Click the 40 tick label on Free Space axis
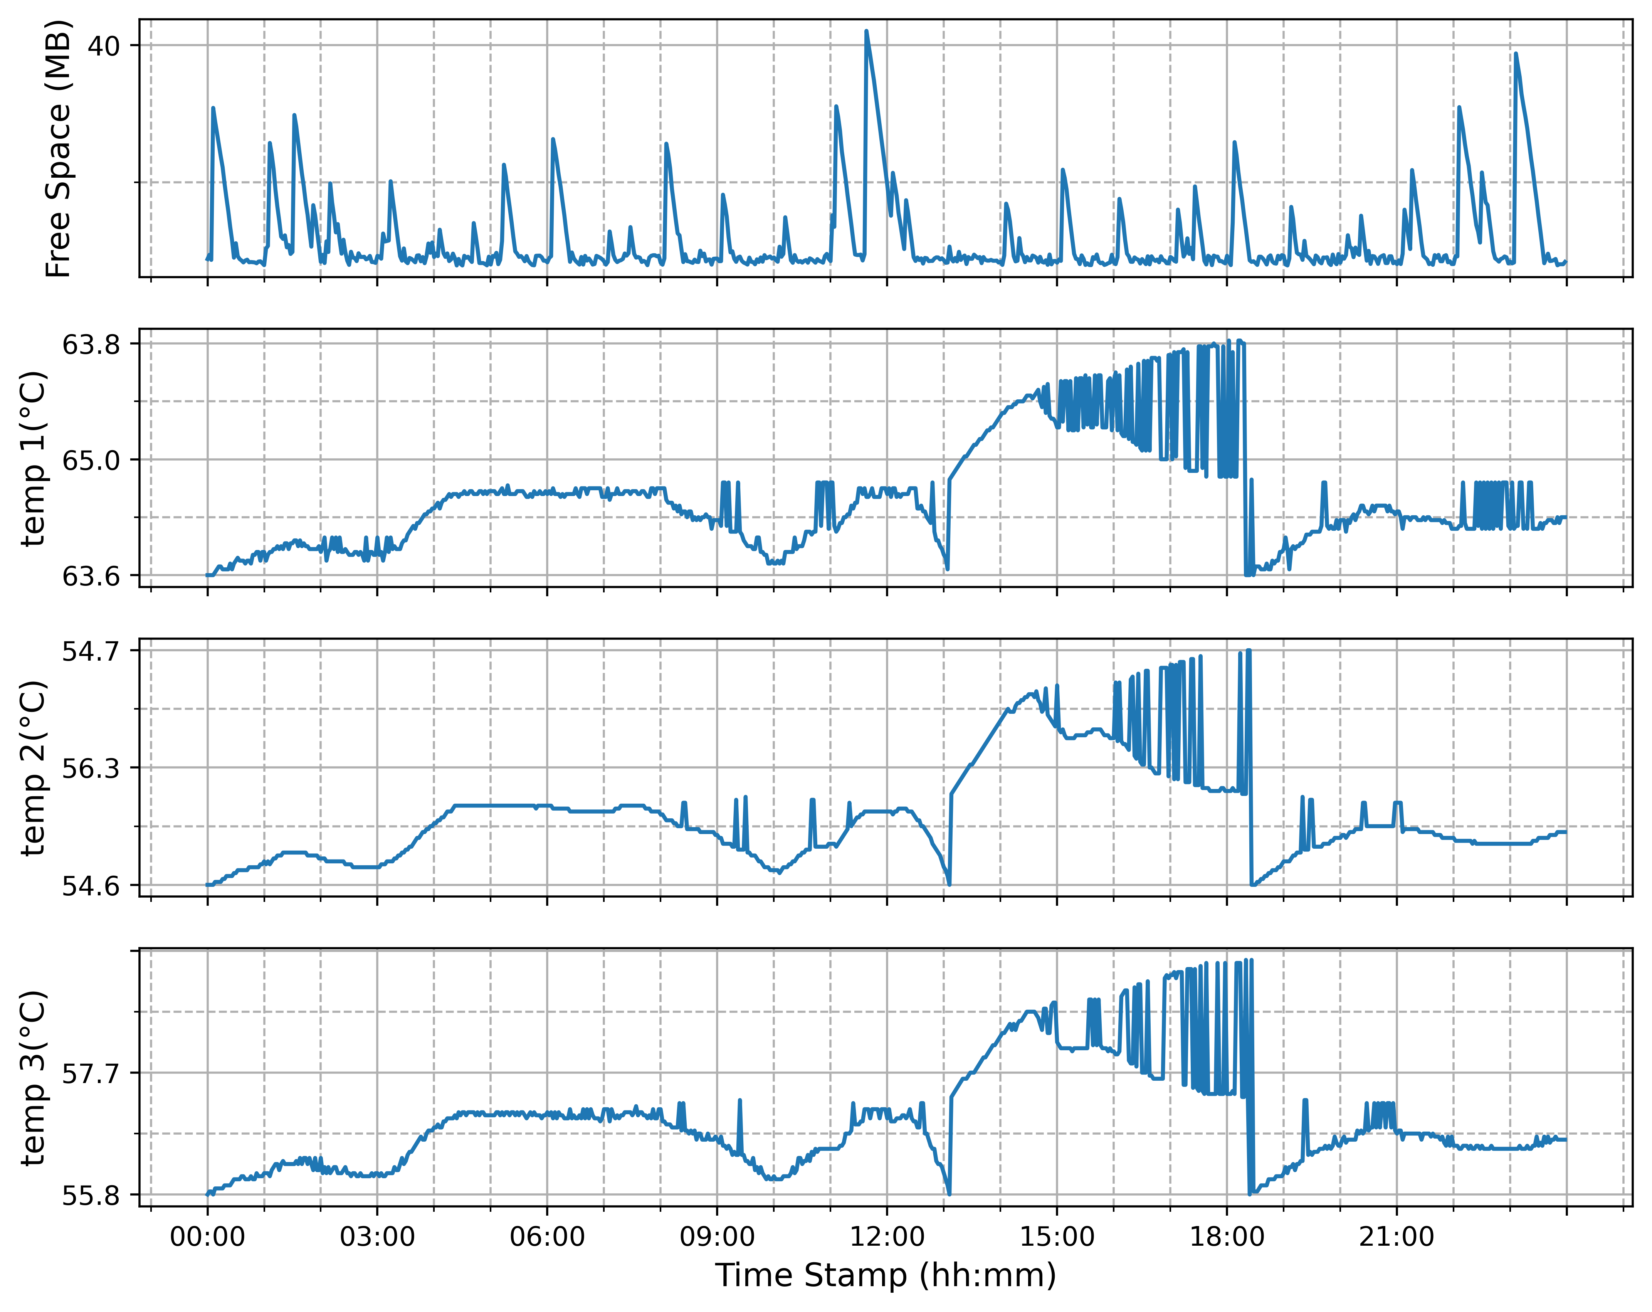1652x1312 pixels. pyautogui.click(x=103, y=46)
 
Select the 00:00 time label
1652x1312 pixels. pyautogui.click(x=208, y=1237)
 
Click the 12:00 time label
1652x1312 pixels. pyautogui.click(x=887, y=1237)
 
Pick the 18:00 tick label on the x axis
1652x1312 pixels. pyautogui.click(x=1227, y=1237)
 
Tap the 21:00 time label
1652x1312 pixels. pyautogui.click(x=1397, y=1237)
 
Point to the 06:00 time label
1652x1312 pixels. pyautogui.click(x=547, y=1237)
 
